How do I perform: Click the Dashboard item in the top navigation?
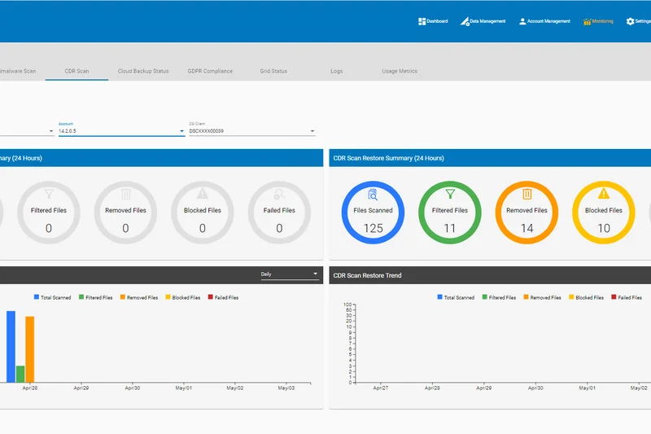pos(433,21)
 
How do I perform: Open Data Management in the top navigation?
pos(483,21)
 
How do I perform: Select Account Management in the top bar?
pos(544,21)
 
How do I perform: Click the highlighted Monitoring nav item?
pos(598,21)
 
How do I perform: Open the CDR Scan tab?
pos(76,71)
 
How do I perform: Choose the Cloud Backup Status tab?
pos(143,71)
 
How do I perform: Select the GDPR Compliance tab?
pos(210,71)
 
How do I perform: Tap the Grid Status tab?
pos(273,71)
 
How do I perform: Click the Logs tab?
pos(336,71)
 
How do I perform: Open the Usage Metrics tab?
pos(400,71)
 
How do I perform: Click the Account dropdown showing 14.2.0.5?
pos(121,130)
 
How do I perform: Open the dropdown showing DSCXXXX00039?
pos(251,130)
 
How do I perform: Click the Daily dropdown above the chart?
pos(290,274)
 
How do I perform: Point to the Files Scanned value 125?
pos(373,228)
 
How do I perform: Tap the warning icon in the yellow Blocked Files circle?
pos(603,194)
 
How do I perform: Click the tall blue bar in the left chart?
pos(11,346)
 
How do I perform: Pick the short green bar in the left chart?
pos(20,374)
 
